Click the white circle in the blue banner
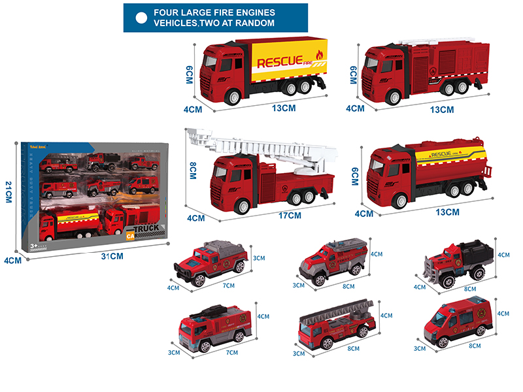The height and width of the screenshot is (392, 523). click(141, 18)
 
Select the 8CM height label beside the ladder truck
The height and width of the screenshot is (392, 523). click(193, 172)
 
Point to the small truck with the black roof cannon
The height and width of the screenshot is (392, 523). click(215, 328)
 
